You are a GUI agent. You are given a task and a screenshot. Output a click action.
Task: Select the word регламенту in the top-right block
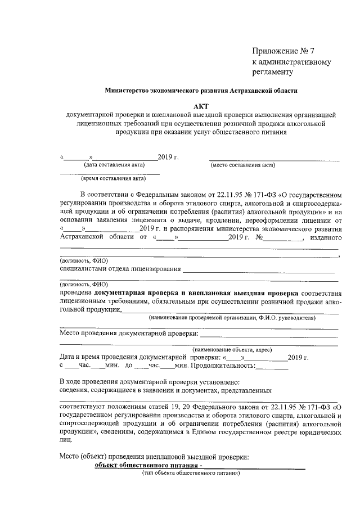273,72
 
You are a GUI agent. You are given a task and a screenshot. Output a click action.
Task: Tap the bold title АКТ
201,104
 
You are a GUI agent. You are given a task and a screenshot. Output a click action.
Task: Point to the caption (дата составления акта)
114,165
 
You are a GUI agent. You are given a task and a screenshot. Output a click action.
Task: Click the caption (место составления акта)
242,165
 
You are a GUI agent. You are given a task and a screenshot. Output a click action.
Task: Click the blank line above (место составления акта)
274,157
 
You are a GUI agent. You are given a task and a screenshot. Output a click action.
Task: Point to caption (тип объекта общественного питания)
191,473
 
